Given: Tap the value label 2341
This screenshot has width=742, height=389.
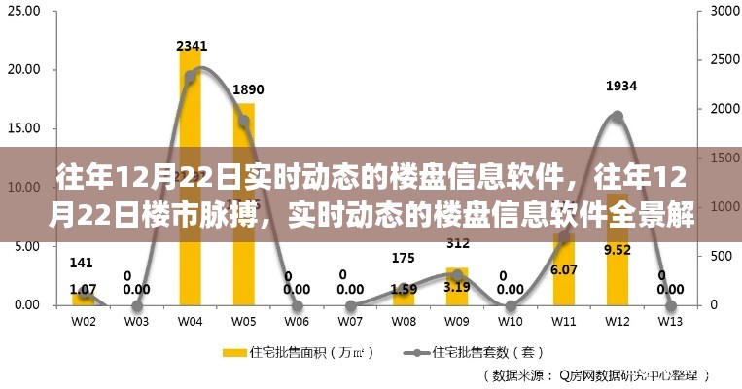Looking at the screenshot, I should pos(192,46).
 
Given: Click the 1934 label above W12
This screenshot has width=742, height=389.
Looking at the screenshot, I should pos(620,87).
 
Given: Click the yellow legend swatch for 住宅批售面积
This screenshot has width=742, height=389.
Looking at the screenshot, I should pos(234,350).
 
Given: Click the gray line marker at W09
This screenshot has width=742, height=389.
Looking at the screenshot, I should pos(457,275).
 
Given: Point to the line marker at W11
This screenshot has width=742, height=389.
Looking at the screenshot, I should pos(564,237).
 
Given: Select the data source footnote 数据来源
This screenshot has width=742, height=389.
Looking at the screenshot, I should pos(594,373).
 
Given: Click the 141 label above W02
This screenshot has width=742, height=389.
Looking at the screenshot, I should pos(83,262).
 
